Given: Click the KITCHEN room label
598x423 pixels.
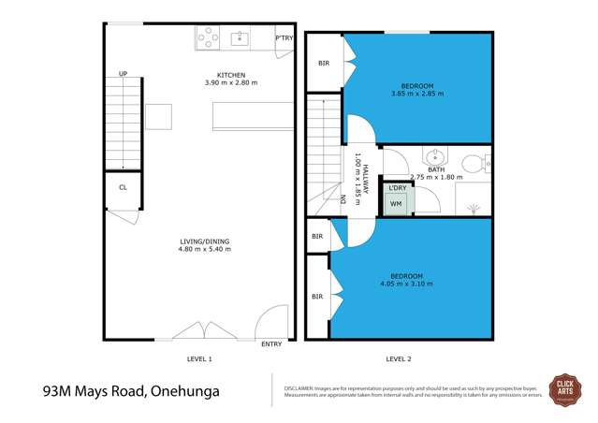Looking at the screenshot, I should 231,75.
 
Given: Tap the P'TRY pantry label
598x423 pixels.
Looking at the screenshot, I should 284,38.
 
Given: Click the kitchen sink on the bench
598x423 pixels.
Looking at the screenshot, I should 240,38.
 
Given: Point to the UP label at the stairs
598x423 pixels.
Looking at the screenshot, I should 123,75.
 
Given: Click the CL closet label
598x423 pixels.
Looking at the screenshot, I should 123,187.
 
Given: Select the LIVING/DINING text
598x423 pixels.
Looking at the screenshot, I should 205,241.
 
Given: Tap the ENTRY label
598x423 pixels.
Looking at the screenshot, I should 271,344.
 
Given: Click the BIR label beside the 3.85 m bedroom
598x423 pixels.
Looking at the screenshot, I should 324,64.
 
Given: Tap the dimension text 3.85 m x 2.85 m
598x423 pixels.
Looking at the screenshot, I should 406,95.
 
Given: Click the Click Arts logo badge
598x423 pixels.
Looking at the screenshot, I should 564,387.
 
